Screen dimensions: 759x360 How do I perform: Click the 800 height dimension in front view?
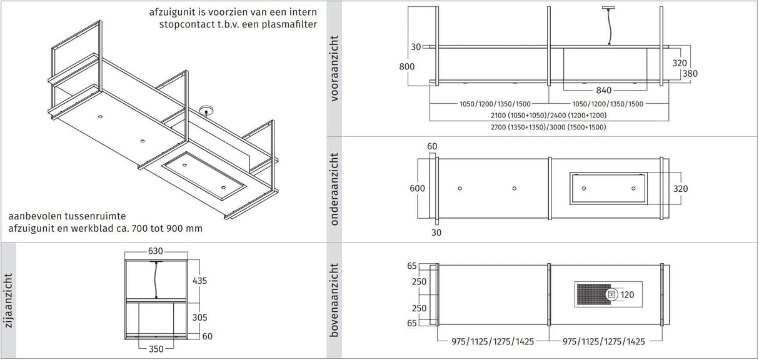406,66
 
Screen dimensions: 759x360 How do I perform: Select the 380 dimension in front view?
690,73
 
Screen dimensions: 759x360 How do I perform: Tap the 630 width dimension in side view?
155,251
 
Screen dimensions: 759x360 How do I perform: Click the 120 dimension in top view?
627,294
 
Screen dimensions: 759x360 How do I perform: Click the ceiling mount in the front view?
607,7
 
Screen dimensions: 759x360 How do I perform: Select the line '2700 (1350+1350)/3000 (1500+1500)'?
548,127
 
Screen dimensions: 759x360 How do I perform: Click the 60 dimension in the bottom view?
431,146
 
